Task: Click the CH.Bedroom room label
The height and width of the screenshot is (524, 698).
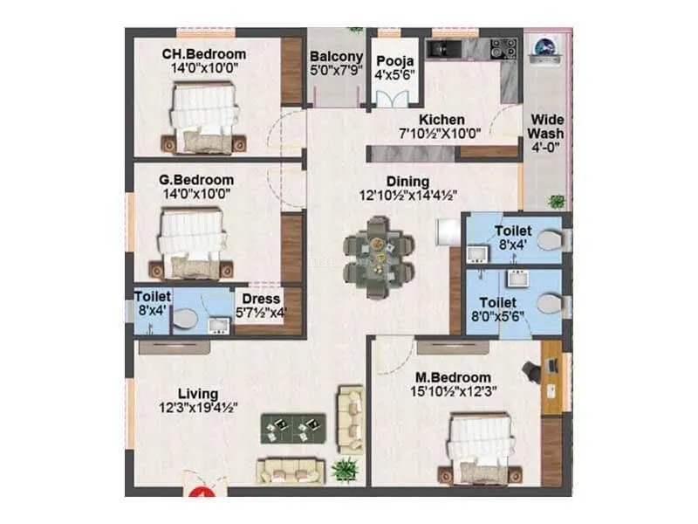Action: pos(203,54)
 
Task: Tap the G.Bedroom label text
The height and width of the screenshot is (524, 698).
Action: pos(196,181)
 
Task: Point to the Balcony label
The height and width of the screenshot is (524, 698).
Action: pos(331,57)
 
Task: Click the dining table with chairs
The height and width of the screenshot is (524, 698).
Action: pos(379,252)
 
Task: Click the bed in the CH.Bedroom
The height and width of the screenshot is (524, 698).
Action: pos(203,117)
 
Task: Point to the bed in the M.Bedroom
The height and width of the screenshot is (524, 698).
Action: pos(481,448)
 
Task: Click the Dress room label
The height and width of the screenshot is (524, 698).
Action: pos(262,298)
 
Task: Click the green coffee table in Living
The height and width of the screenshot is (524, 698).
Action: pos(294,427)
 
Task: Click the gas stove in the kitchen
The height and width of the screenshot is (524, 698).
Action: pos(503,47)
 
